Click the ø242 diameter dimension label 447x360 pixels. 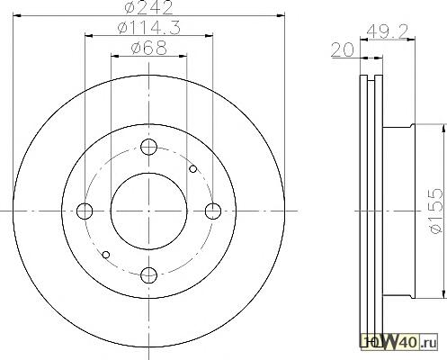click(x=148, y=7)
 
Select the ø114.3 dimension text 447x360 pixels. click(x=149, y=28)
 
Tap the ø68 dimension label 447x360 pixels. click(x=149, y=48)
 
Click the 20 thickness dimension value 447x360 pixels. click(x=343, y=49)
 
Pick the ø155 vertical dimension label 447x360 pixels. click(x=436, y=211)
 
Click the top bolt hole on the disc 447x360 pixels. click(x=148, y=147)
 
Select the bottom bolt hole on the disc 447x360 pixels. click(x=148, y=275)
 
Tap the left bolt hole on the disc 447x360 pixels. click(x=85, y=211)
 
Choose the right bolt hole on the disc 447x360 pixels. click(x=213, y=211)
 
